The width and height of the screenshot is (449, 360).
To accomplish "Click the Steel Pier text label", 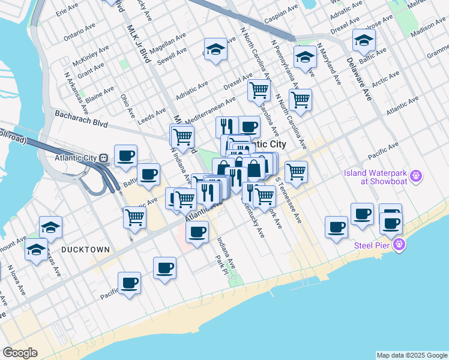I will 372,244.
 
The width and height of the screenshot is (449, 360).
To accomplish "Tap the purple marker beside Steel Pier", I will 400,245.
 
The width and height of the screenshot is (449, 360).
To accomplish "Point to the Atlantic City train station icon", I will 104,158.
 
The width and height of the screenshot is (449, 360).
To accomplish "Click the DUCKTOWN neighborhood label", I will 85,249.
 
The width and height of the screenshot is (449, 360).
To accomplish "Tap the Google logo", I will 20,352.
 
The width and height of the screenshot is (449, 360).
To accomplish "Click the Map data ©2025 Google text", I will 411,355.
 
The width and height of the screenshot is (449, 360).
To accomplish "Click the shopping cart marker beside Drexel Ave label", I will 259,91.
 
